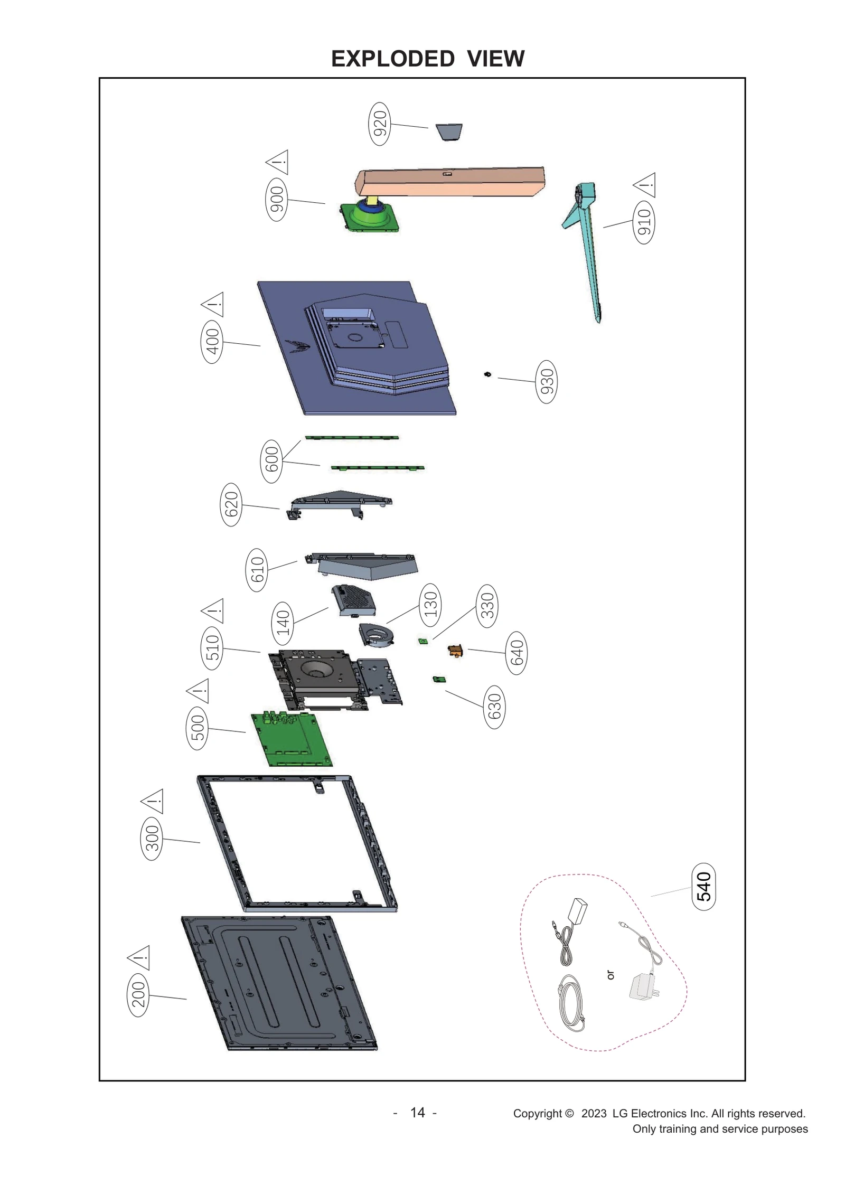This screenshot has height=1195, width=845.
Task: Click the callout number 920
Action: tap(380, 124)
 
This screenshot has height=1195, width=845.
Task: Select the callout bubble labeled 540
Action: tap(703, 887)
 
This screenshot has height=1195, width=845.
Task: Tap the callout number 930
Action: tap(547, 381)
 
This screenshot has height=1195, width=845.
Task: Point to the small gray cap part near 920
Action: tap(449, 132)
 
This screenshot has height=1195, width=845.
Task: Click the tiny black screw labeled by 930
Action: tap(487, 374)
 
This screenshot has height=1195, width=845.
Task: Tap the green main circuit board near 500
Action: tap(292, 740)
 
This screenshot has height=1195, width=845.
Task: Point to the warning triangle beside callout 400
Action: tap(213, 305)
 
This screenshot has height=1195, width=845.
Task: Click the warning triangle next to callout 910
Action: tap(645, 185)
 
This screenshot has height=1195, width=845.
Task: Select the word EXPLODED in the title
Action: tap(392, 59)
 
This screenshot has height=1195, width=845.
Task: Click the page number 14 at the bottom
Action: tap(417, 1113)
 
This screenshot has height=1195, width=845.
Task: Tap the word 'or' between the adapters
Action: tap(611, 975)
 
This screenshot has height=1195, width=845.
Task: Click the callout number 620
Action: tap(231, 504)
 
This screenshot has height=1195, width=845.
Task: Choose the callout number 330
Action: tap(487, 606)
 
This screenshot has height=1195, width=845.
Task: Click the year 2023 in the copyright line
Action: tap(594, 1114)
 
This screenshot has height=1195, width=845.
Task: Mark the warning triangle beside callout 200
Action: tap(139, 958)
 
